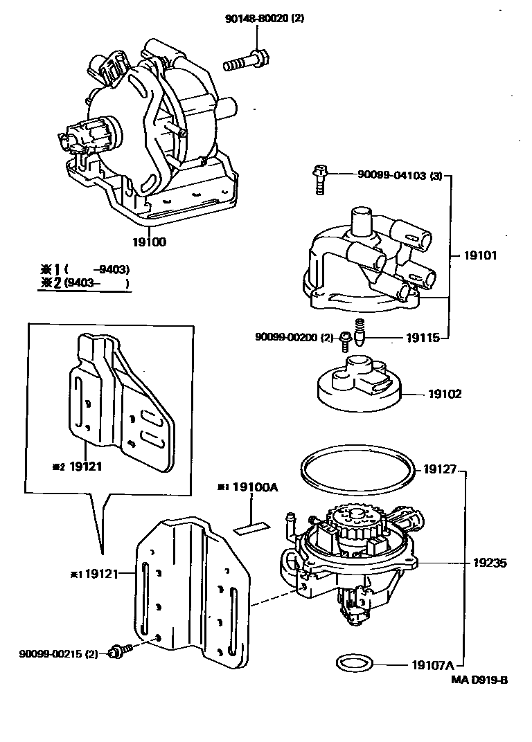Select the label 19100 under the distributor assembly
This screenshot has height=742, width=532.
tap(149, 242)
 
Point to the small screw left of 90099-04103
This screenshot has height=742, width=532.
tap(320, 179)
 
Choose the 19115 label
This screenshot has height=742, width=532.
tap(422, 338)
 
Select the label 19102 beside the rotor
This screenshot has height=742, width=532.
tap(445, 394)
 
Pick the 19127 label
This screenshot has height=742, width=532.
tap(439, 469)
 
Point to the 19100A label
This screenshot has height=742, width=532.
tap(254, 487)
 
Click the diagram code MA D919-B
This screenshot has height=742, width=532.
tap(481, 679)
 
